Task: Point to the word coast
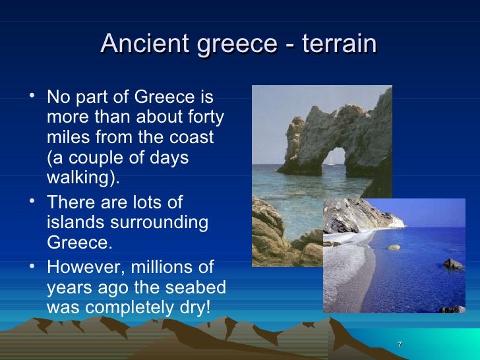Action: pos(195,138)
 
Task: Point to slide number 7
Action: pos(400,346)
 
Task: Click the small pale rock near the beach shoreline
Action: pos(394,247)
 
